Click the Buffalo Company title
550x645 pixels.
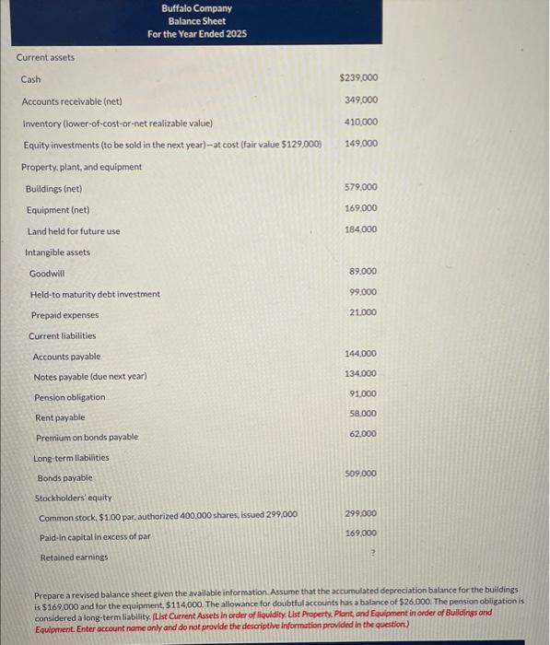pyautogui.click(x=196, y=8)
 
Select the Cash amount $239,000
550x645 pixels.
pyautogui.click(x=358, y=78)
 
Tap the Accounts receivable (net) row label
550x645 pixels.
pyautogui.click(x=72, y=101)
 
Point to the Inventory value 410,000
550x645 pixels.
pyautogui.click(x=360, y=122)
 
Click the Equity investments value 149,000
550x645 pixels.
pyautogui.click(x=360, y=144)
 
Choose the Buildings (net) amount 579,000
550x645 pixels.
pyautogui.click(x=360, y=187)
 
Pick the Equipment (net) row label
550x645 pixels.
pyautogui.click(x=55, y=210)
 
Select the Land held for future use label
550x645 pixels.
pyautogui.click(x=74, y=231)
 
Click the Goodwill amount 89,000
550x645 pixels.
pyautogui.click(x=363, y=272)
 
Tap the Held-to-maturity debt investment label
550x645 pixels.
pyautogui.click(x=95, y=295)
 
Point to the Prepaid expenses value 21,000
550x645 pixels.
pyautogui.click(x=363, y=313)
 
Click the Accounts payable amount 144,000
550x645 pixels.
pyautogui.click(x=361, y=354)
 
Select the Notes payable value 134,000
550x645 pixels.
pyautogui.click(x=361, y=374)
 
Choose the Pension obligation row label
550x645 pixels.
pyautogui.click(x=70, y=397)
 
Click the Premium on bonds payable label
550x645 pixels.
pyautogui.click(x=88, y=438)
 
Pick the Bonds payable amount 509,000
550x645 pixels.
pyautogui.click(x=361, y=474)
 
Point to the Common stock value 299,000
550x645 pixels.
pyautogui.click(x=361, y=513)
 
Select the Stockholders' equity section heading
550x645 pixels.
pyautogui.click(x=73, y=498)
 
